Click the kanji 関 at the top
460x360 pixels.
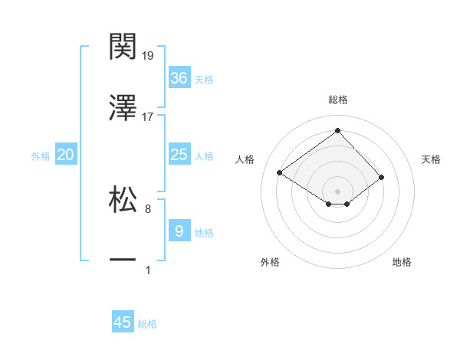tap(123, 47)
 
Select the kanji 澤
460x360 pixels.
tap(123, 108)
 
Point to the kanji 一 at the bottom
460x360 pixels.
tap(123, 261)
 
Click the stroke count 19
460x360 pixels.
tap(148, 56)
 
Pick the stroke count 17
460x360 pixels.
tap(148, 117)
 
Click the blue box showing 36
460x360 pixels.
tap(179, 78)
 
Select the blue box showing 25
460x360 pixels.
tap(179, 155)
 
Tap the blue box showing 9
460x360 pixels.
tap(179, 231)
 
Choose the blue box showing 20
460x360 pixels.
tap(66, 155)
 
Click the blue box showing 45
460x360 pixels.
tap(123, 322)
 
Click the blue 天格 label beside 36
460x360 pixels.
tap(204, 80)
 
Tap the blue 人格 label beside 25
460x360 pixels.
tap(204, 156)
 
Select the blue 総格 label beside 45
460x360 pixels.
tap(147, 324)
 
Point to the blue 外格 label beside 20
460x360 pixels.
tap(41, 156)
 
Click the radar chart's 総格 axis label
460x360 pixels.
tap(337, 100)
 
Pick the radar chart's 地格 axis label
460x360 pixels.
tap(402, 263)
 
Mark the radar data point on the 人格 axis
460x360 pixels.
tap(280, 173)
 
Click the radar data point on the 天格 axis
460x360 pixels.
tap(381, 177)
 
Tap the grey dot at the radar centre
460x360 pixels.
tap(337, 191)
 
